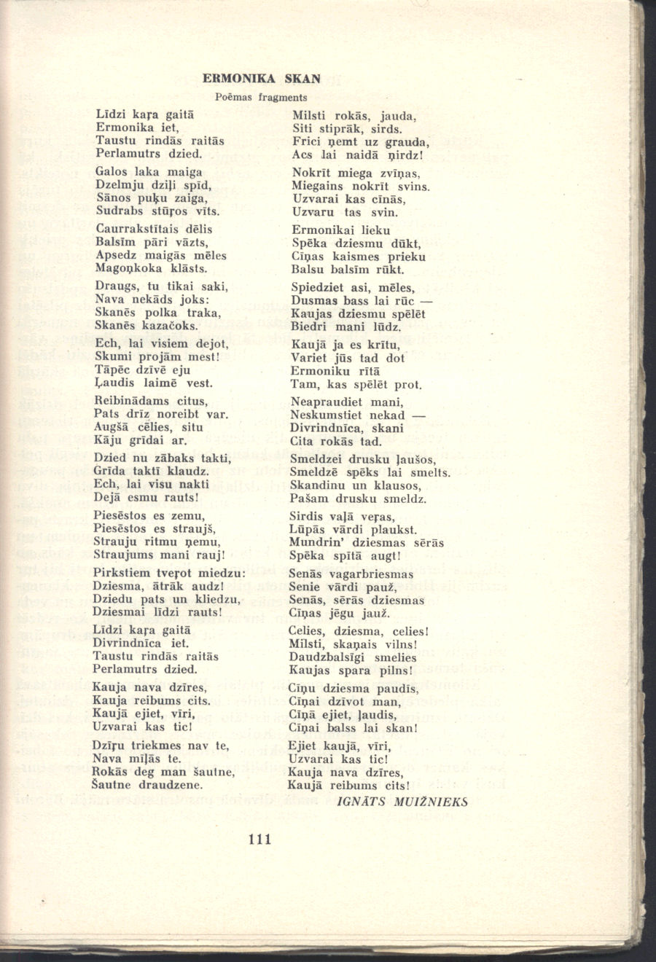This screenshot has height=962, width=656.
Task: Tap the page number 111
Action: coord(259,839)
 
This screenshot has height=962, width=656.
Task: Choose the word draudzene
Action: coord(168,785)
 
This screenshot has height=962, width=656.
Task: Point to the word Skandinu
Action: coord(316,485)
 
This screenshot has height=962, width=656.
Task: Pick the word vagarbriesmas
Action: coord(378,574)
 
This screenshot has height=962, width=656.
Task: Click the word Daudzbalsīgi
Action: coord(327,657)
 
